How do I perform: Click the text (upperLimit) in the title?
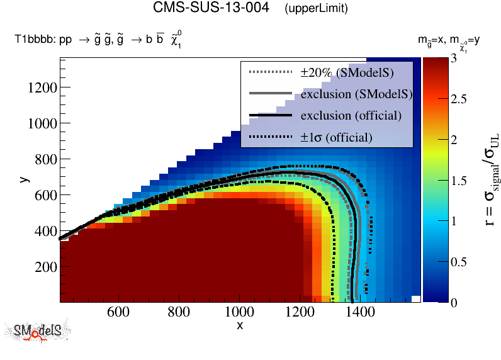point(316,9)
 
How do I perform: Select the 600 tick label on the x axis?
point(118,312)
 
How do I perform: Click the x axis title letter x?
point(239,325)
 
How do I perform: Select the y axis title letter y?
point(23,179)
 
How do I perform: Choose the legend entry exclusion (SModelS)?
point(356,94)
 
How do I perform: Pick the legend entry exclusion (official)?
point(351,116)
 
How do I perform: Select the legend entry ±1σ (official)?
point(336,137)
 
